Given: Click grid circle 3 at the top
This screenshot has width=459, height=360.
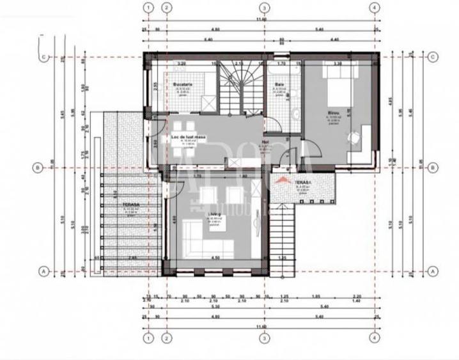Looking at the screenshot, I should click(x=263, y=8).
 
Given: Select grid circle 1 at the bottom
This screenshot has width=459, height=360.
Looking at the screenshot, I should click(x=148, y=338).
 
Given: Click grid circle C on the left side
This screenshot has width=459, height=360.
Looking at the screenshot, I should click(x=43, y=57).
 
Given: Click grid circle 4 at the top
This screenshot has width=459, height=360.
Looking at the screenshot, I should click(x=374, y=8).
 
